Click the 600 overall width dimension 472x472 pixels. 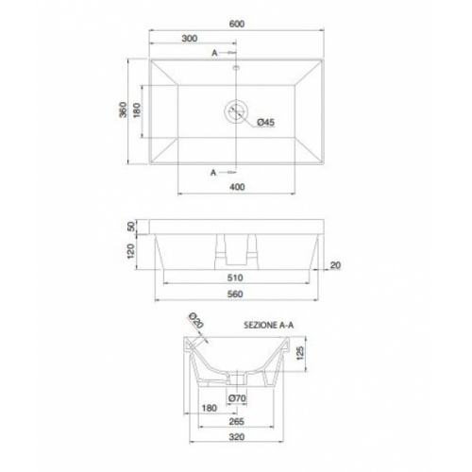(x=236, y=26)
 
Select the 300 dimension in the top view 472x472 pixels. (x=189, y=40)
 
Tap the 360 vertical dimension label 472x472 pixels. (x=123, y=110)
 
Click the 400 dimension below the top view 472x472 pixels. (x=237, y=186)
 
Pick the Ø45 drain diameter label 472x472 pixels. (x=265, y=123)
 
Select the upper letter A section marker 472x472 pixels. (x=215, y=52)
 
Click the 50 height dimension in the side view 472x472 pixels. (x=131, y=228)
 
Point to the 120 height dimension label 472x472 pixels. (x=131, y=251)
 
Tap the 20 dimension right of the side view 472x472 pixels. (x=335, y=265)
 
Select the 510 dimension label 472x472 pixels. (x=236, y=278)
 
